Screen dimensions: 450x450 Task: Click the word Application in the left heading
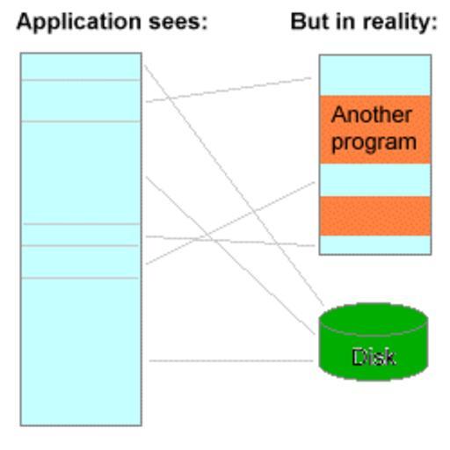[79, 23]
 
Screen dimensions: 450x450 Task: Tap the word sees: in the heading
[178, 23]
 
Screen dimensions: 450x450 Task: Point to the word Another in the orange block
[372, 114]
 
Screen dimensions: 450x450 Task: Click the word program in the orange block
[374, 143]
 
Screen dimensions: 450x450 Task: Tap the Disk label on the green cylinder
[374, 357]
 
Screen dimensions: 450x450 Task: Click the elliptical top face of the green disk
[374, 319]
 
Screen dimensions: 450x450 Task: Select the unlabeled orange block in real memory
[375, 216]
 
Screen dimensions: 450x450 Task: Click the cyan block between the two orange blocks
[375, 180]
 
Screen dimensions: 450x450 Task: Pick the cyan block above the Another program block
[375, 75]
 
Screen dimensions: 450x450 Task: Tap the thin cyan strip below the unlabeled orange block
[375, 245]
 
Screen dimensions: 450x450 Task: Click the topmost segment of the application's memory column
[81, 67]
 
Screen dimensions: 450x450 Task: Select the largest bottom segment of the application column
[81, 352]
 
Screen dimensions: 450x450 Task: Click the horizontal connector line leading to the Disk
[231, 360]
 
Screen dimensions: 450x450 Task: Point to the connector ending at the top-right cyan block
[229, 90]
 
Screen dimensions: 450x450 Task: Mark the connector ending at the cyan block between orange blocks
[230, 223]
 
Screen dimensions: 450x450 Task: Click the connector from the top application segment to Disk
[235, 185]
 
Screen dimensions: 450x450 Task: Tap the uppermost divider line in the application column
[81, 80]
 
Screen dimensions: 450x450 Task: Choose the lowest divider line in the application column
[80, 278]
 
